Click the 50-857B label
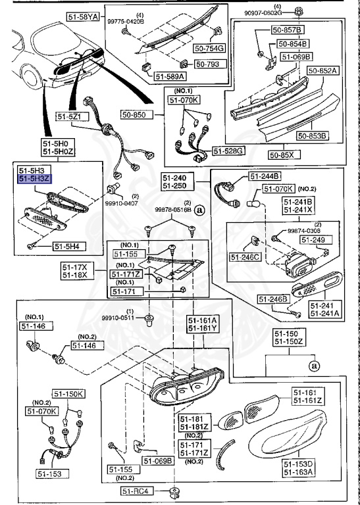tap(289, 30)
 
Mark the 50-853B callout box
tap(312, 136)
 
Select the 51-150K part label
tap(70, 394)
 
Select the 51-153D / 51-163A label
tap(299, 468)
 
